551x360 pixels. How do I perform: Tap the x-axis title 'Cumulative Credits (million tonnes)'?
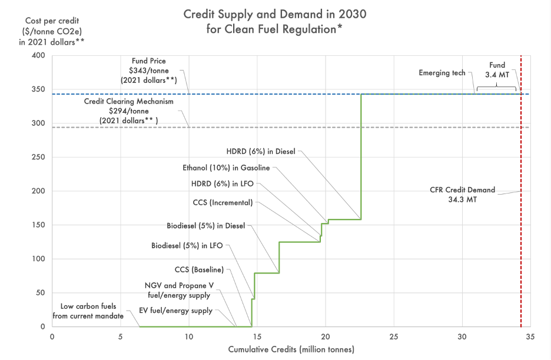pyautogui.click(x=291, y=349)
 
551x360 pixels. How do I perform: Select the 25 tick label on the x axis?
pyautogui.click(x=393, y=337)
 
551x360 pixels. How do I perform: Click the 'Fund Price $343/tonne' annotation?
pyautogui.click(x=149, y=70)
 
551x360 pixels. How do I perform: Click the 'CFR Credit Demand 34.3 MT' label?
pyautogui.click(x=463, y=195)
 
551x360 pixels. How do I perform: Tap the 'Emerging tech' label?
pyautogui.click(x=442, y=73)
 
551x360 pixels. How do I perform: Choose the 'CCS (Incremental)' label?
pyautogui.click(x=223, y=202)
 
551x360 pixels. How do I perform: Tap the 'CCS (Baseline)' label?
pyautogui.click(x=200, y=270)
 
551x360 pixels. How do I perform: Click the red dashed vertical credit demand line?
pyautogui.click(x=521, y=265)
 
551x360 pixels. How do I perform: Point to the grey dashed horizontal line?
pyautogui.click(x=353, y=128)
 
